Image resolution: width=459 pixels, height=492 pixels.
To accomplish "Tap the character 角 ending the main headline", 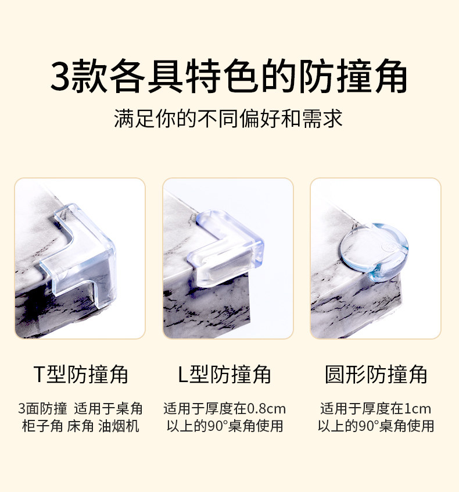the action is pyautogui.click(x=391, y=76).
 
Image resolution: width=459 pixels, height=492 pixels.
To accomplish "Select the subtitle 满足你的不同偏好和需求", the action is pyautogui.click(x=228, y=119).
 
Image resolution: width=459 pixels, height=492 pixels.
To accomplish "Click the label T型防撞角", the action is pyautogui.click(x=81, y=375).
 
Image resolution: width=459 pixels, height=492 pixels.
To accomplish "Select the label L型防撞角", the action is pyautogui.click(x=224, y=375).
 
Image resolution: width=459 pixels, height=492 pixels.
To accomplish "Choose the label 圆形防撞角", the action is pyautogui.click(x=375, y=375).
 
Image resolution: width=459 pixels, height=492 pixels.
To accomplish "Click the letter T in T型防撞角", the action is pyautogui.click(x=40, y=375).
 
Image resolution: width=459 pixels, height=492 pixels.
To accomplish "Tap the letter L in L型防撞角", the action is pyautogui.click(x=183, y=375).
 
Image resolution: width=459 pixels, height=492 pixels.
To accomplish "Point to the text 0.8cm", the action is pyautogui.click(x=267, y=409).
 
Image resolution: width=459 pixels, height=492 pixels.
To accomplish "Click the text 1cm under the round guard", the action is pyautogui.click(x=417, y=409).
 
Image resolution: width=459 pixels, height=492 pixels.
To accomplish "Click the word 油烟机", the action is pyautogui.click(x=119, y=426).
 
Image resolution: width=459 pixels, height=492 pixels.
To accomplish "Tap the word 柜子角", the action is pyautogui.click(x=42, y=426).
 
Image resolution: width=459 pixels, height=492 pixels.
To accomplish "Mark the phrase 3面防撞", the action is pyautogui.click(x=42, y=408).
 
